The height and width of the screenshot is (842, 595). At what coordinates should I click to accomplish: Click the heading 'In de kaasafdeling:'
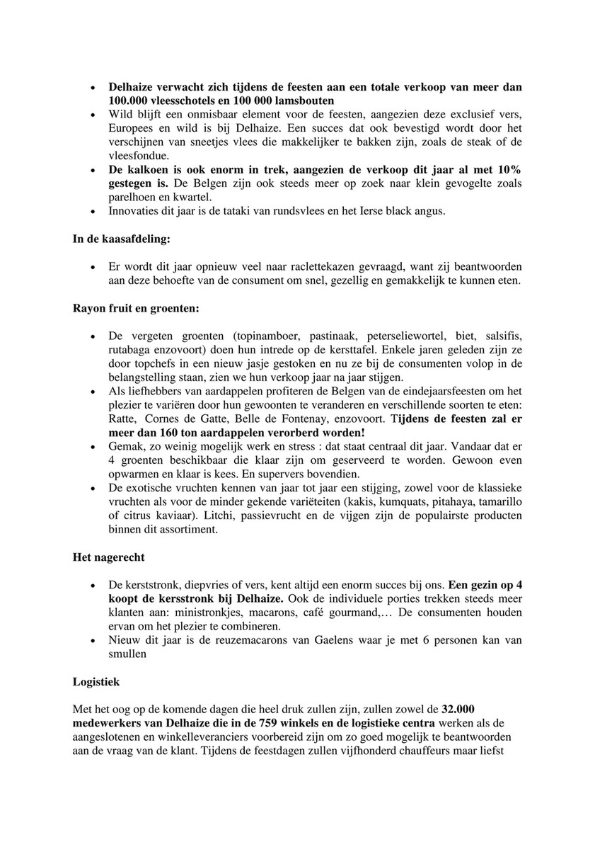(x=121, y=239)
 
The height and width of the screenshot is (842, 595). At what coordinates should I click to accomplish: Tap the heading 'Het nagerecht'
(x=107, y=558)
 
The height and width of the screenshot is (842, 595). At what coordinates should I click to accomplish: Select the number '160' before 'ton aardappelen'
(x=176, y=431)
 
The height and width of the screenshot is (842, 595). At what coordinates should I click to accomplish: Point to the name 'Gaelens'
(x=333, y=641)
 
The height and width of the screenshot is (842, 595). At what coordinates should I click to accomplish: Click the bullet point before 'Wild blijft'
(x=95, y=114)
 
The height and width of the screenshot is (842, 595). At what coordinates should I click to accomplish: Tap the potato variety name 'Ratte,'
(x=124, y=418)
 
